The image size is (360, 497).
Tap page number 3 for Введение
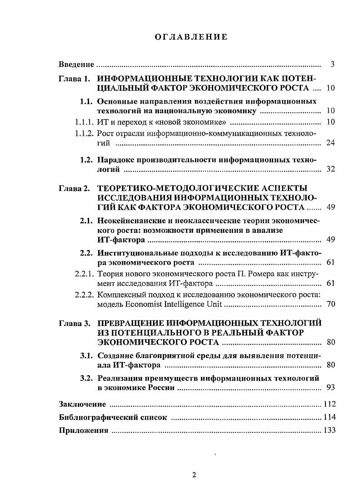coord(332,65)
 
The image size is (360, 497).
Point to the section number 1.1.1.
coord(85,122)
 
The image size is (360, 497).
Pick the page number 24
coord(330,143)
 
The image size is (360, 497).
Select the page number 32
coord(330,170)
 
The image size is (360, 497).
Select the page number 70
coord(330,304)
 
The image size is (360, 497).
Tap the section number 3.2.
coord(86,378)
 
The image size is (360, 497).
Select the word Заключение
coord(82,404)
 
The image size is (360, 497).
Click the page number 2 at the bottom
coord(194,476)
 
